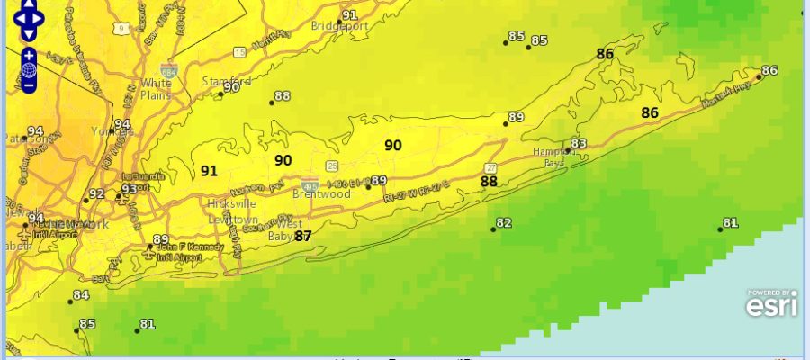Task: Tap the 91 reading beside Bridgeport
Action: (349, 15)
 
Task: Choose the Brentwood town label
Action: (321, 193)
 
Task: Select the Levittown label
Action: (231, 219)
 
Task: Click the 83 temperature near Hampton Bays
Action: (579, 144)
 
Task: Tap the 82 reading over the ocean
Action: (503, 223)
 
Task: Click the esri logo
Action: (771, 303)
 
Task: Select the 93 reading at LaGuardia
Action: (130, 189)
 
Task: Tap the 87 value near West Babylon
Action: (303, 236)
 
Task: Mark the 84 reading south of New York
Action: (81, 295)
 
